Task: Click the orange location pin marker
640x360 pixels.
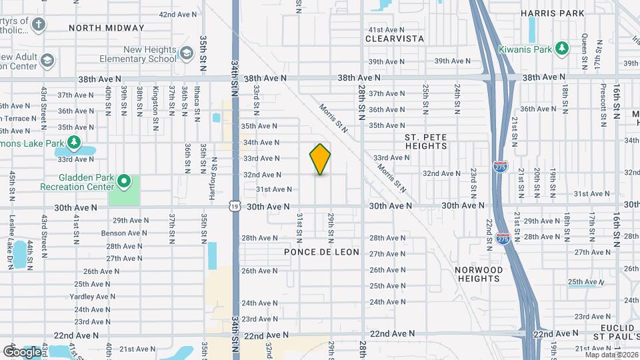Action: click(320, 159)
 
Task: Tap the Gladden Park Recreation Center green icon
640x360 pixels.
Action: click(123, 181)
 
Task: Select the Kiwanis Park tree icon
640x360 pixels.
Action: click(562, 49)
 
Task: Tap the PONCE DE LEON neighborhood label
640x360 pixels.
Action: click(321, 252)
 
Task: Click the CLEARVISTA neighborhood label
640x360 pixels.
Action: click(395, 39)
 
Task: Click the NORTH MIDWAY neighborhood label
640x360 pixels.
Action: click(106, 28)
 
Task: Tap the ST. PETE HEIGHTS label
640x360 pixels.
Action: click(425, 141)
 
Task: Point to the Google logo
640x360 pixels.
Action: click(22, 351)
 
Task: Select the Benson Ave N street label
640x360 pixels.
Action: click(124, 233)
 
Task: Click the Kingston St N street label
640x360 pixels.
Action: click(155, 99)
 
